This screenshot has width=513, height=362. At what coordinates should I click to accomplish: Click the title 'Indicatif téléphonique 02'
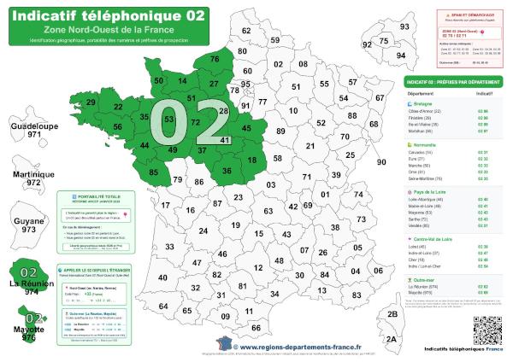106,15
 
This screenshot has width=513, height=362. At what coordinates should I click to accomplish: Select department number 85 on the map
153,172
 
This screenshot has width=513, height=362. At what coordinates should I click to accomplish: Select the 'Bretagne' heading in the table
422,103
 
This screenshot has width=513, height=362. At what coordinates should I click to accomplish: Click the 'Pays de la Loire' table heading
430,193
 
